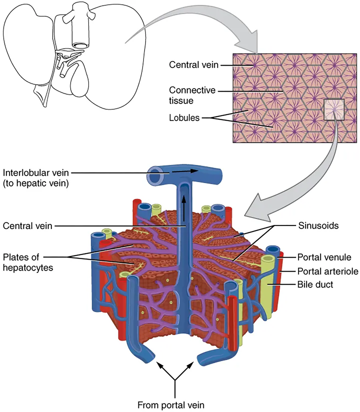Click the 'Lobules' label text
click(x=184, y=118)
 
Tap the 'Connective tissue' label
click(x=192, y=95)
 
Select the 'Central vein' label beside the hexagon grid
click(x=194, y=65)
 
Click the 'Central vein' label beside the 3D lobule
click(x=28, y=226)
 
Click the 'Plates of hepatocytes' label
click(x=28, y=262)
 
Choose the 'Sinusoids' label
click(x=318, y=225)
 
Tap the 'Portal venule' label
click(x=324, y=257)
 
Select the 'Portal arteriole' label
click(x=327, y=271)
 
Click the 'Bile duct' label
click(x=315, y=285)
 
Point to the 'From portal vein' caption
click(x=171, y=405)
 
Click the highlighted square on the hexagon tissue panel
click(x=334, y=110)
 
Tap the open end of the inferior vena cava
click(x=81, y=45)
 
